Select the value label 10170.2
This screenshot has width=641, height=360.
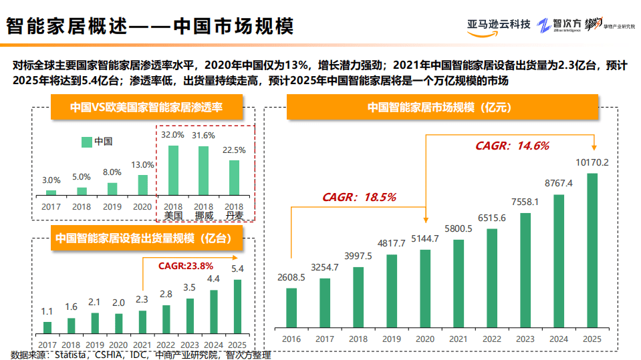coord(592,162)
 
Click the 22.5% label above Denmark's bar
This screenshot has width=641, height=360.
coord(234,150)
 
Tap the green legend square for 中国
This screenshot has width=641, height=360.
coord(86,142)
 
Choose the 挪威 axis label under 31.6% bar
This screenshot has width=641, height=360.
coord(204,216)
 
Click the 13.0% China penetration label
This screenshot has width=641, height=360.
coord(142,165)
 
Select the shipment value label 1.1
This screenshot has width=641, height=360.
coord(47,311)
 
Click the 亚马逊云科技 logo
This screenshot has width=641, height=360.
coord(499,25)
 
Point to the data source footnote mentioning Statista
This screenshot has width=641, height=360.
coord(141,355)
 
